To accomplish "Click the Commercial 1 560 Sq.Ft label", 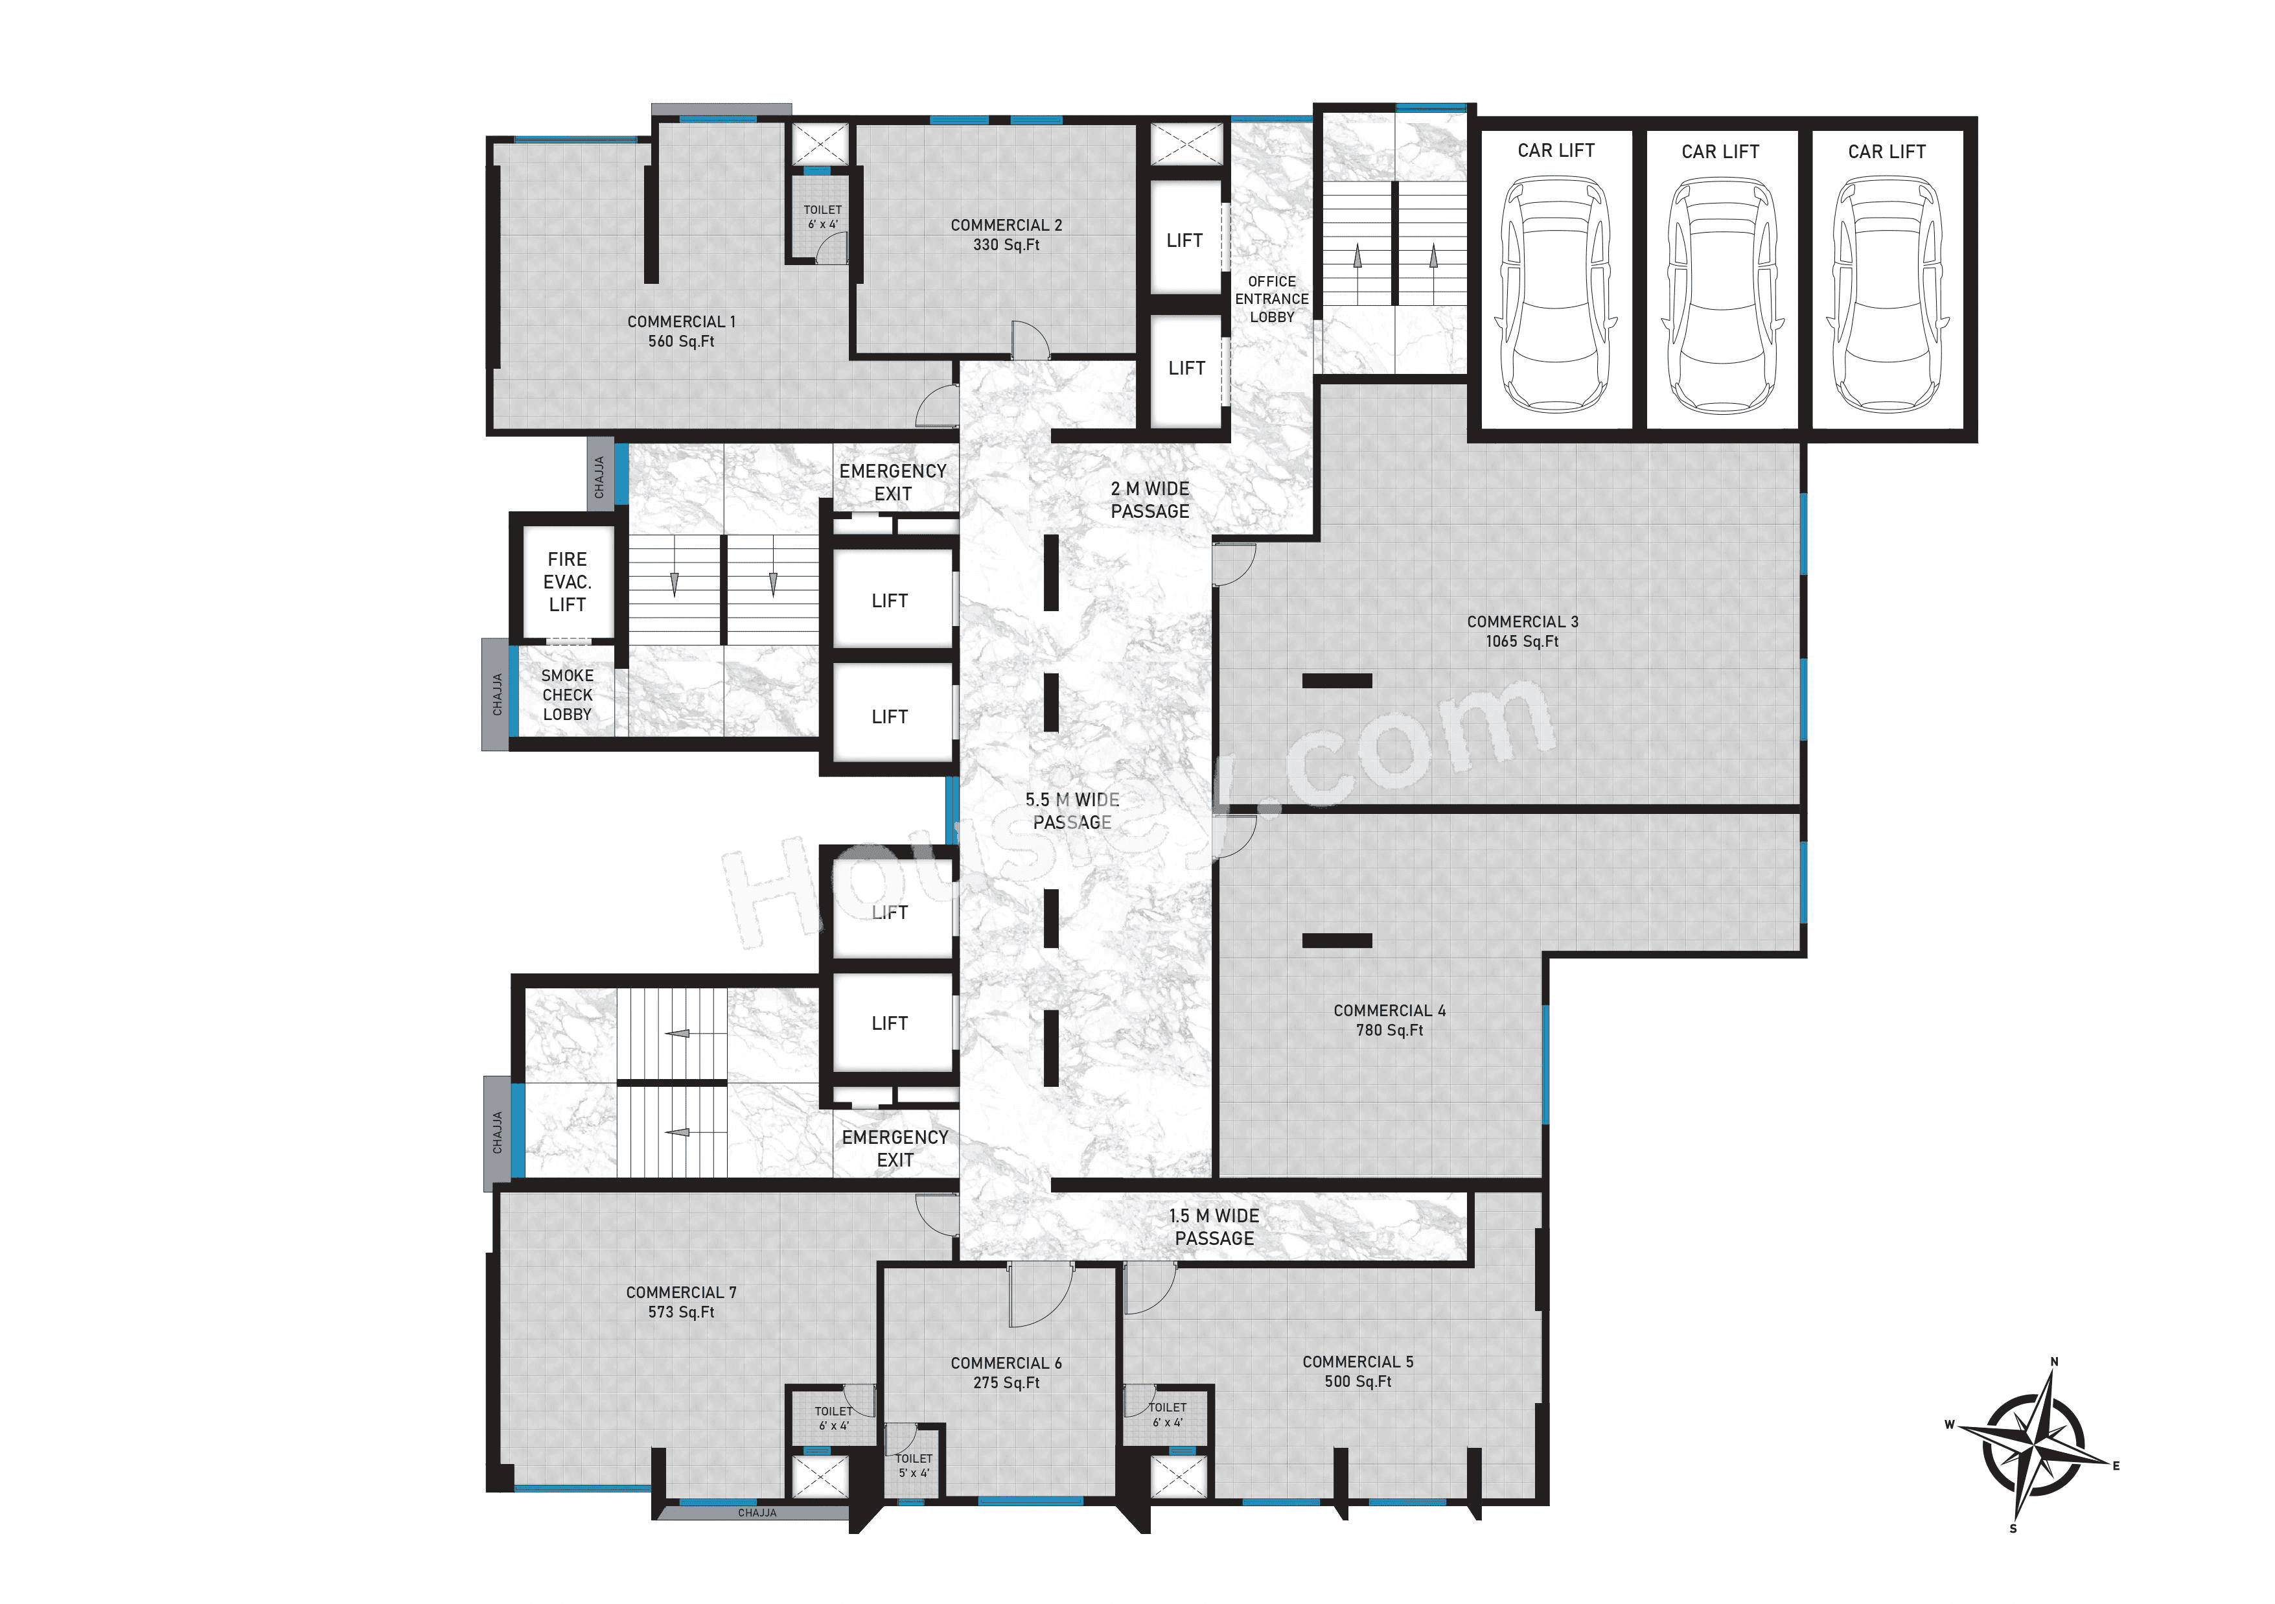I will pyautogui.click(x=681, y=331).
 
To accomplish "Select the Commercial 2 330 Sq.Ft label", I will pyautogui.click(x=1006, y=235).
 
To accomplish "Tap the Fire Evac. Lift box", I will pyautogui.click(x=567, y=581).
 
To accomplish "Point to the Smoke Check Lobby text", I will pyautogui.click(x=567, y=695).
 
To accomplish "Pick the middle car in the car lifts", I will pyautogui.click(x=1721, y=294).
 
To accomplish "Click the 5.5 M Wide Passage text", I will pyautogui.click(x=1072, y=810).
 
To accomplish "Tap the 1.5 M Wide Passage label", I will pyautogui.click(x=1214, y=1227).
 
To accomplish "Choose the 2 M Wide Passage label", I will pyautogui.click(x=1149, y=499).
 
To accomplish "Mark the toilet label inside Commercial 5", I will pyautogui.click(x=1167, y=1413).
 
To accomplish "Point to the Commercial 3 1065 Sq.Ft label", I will pyautogui.click(x=1522, y=631).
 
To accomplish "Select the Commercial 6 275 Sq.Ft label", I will pyautogui.click(x=1006, y=1372).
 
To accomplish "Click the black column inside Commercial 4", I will pyautogui.click(x=1337, y=940).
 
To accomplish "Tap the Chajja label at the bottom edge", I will pyautogui.click(x=757, y=1513).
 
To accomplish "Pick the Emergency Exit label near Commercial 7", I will pyautogui.click(x=895, y=1148).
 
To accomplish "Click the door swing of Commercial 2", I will pyautogui.click(x=1030, y=340).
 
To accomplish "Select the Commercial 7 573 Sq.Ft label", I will pyautogui.click(x=681, y=1302).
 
